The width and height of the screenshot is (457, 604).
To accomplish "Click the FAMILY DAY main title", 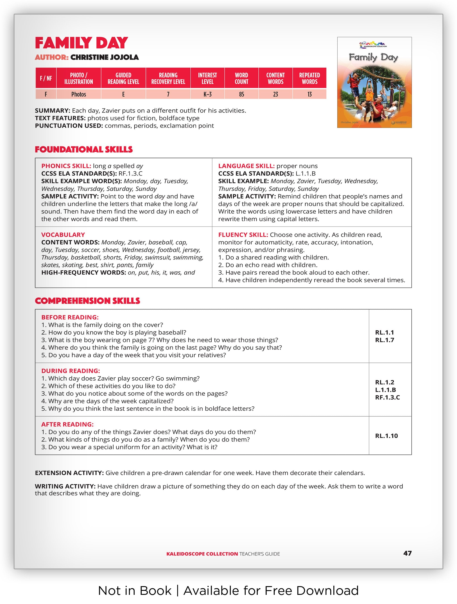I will pos(81,43).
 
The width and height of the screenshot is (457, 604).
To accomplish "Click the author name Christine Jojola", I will pos(104,57).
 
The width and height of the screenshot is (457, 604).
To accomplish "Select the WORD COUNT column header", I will pos(241,78).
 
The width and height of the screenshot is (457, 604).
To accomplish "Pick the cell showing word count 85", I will pos(241,94).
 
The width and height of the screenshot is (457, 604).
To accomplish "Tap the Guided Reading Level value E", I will pos(123,94).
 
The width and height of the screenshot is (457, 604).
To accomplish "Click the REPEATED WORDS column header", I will pos(310,78).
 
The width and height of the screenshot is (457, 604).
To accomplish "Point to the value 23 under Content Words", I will pos(275,94).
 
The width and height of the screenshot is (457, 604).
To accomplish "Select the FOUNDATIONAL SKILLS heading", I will pos(84,149).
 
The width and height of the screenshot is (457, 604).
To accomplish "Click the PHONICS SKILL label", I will pos(66,166).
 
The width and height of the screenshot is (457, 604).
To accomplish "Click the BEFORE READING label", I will pos(70,317).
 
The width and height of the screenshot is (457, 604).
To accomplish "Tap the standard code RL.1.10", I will pos(386,436).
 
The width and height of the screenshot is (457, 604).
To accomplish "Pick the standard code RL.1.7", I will pos(384,340).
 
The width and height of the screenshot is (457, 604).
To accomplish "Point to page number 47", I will pos(407,553).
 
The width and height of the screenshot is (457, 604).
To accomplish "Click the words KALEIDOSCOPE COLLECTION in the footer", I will pos(202,554).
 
